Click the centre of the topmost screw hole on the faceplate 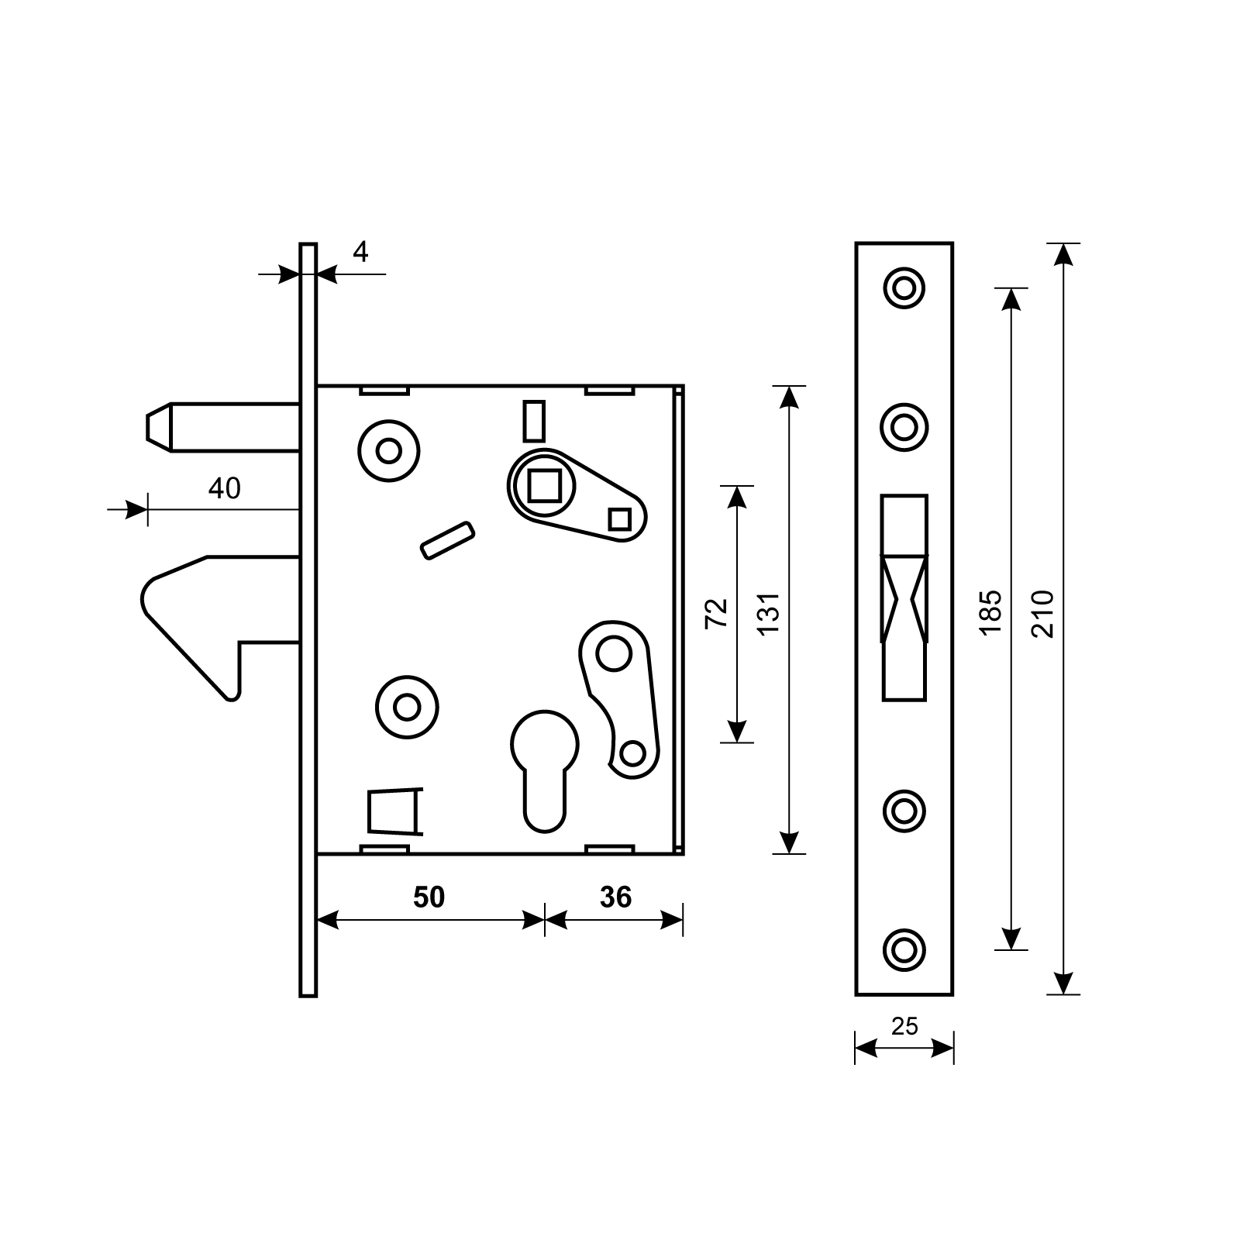(904, 288)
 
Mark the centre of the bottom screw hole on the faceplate (904, 949)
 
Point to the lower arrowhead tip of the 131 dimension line (789, 854)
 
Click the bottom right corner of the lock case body (684, 854)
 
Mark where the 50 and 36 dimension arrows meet (545, 920)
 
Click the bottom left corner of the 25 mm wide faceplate (856, 994)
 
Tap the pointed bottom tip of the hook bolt (231, 699)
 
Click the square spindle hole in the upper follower (544, 486)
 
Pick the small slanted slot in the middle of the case (447, 540)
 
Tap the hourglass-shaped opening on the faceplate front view (904, 599)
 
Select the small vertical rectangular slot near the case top (535, 421)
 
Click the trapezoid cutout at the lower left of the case (395, 812)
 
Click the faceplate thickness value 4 (360, 252)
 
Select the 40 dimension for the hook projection (224, 488)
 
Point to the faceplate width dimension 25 (904, 1026)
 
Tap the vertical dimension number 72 (718, 613)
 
